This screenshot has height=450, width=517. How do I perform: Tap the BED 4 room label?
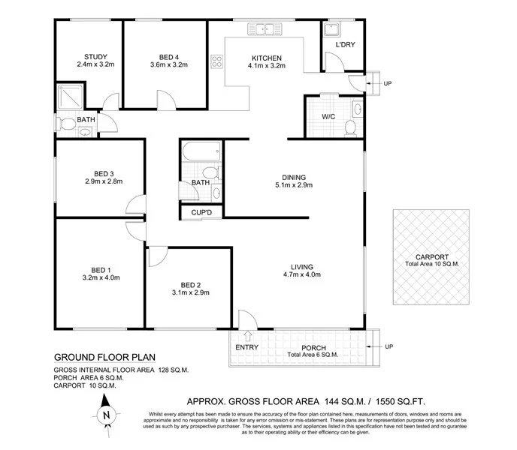(x=169, y=57)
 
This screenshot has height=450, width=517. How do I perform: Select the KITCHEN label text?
(x=266, y=58)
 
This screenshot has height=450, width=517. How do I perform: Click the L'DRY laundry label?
(x=345, y=46)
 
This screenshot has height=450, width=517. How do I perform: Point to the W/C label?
(x=328, y=117)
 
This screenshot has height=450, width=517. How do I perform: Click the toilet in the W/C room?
(x=350, y=128)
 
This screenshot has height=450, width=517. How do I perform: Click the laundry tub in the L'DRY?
(x=331, y=29)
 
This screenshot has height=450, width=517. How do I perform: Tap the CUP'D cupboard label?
(x=201, y=213)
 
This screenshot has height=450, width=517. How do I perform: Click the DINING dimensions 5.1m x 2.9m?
(x=293, y=185)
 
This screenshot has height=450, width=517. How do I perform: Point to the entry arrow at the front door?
(x=248, y=336)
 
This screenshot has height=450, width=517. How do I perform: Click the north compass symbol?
(x=107, y=414)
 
